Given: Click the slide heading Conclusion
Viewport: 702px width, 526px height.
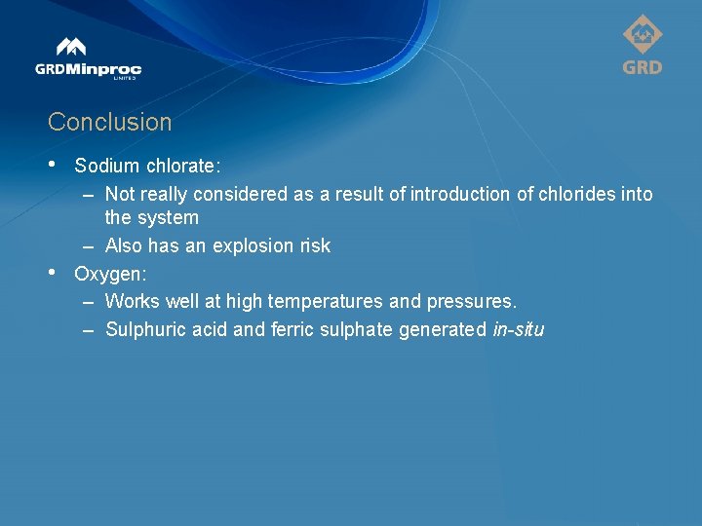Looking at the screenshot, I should coord(109,123).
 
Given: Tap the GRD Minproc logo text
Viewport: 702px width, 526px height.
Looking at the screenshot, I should coord(88,69).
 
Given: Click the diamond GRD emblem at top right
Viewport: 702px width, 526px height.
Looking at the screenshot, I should coord(643,36).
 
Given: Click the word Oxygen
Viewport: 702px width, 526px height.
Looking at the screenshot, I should coord(108,274).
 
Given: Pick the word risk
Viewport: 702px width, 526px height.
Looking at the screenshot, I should coord(315,246).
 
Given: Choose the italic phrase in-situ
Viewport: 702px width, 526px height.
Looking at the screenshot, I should coord(519,330).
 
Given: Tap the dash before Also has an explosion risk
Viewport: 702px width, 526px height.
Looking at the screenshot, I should coord(88,246).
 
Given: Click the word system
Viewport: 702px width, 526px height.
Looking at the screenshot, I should coord(168,218).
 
